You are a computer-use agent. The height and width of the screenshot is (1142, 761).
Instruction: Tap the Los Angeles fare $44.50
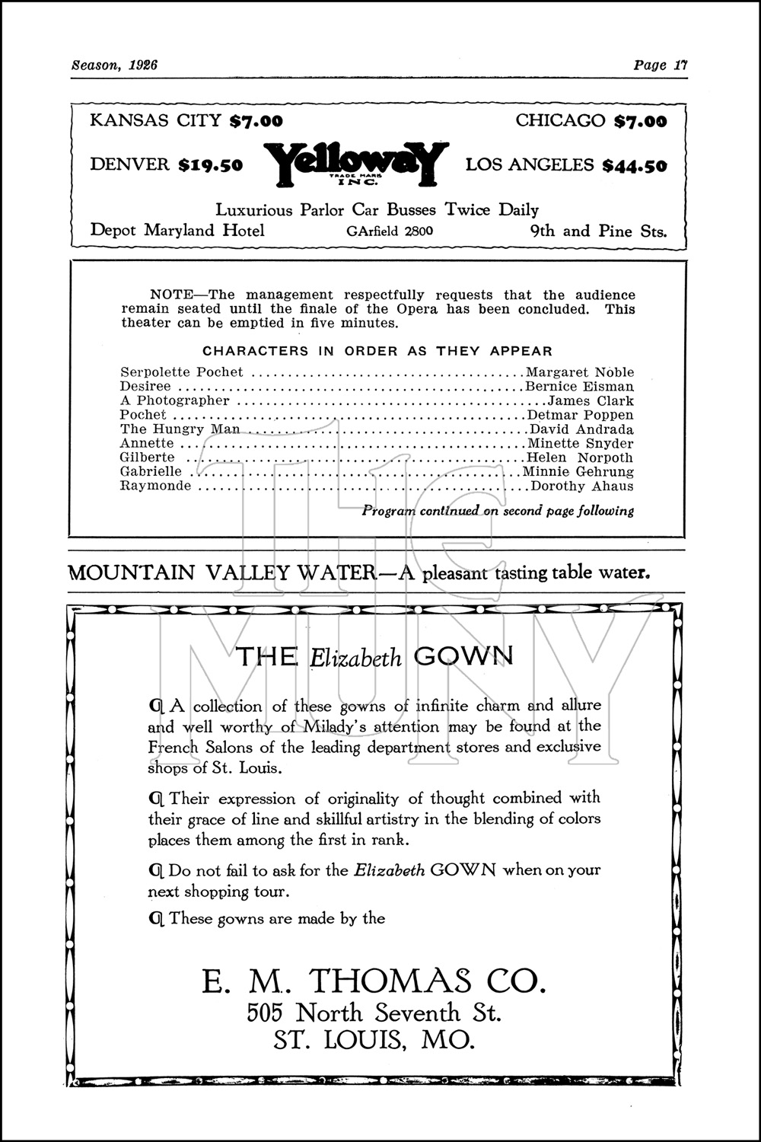coord(634,165)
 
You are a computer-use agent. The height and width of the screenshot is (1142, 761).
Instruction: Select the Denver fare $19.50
coord(210,165)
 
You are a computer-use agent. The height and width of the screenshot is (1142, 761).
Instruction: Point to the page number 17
coord(680,65)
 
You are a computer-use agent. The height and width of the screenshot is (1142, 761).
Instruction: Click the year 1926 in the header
coord(142,65)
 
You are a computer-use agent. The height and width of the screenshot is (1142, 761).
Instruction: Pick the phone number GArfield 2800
coord(390,231)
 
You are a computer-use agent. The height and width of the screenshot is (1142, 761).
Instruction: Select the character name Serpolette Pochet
coord(182,372)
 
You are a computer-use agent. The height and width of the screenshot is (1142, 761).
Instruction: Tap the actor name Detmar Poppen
coord(580,415)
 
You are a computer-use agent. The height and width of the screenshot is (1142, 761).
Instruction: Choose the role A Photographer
coord(174,400)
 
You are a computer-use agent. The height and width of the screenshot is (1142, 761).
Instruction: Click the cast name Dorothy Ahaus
coord(582,486)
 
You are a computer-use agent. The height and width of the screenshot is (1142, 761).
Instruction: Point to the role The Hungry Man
coord(180,429)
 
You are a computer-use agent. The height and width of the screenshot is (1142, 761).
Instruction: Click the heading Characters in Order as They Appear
coord(377,351)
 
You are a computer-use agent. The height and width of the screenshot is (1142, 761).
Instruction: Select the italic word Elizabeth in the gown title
coord(355,658)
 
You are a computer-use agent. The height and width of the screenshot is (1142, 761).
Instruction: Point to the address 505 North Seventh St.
coord(374,1013)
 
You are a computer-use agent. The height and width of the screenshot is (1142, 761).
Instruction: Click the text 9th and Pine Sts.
coord(598,231)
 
